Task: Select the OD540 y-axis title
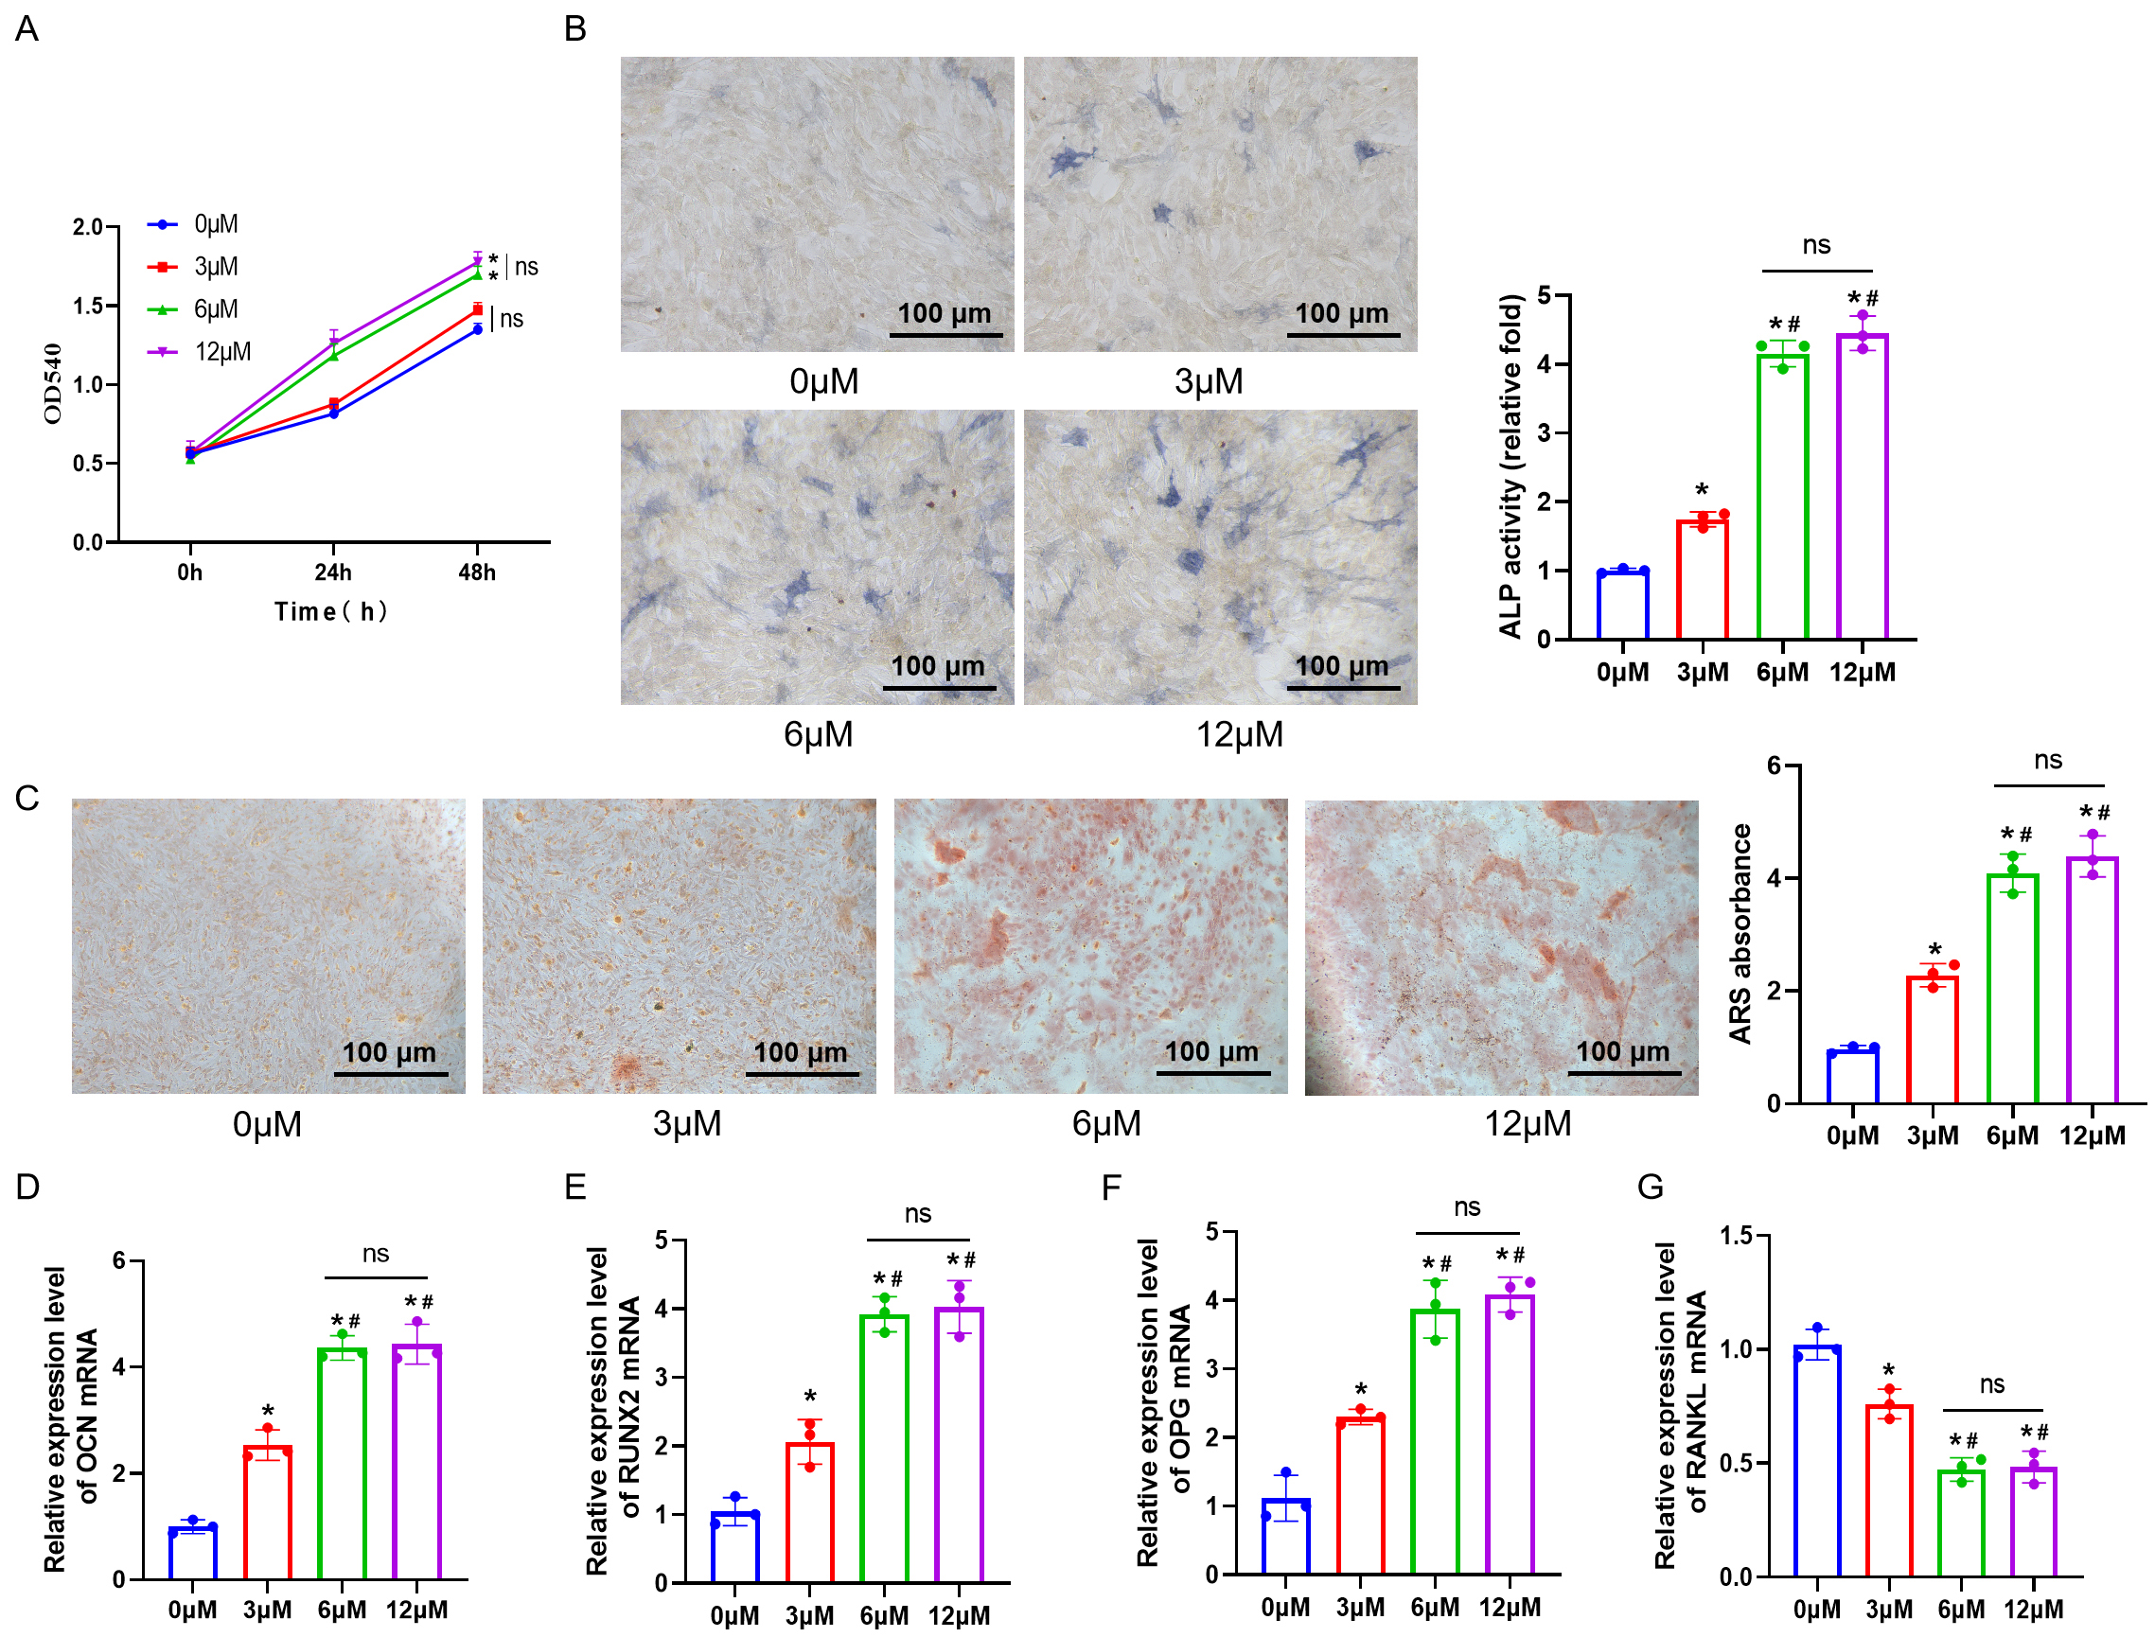click(x=54, y=384)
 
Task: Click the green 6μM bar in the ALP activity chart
click(x=1782, y=497)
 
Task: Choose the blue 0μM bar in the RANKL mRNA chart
click(x=1817, y=1462)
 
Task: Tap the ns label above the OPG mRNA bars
click(x=1467, y=1208)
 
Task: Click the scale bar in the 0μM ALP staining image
click(x=945, y=335)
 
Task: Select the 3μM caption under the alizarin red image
click(x=687, y=1123)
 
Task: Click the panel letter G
click(x=1652, y=1187)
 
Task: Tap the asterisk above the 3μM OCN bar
click(x=268, y=1412)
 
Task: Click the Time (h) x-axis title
click(x=331, y=612)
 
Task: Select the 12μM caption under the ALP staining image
click(x=1240, y=734)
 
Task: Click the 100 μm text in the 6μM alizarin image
click(x=1211, y=1051)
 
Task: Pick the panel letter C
click(x=27, y=799)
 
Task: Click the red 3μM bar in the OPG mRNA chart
click(x=1360, y=1496)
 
